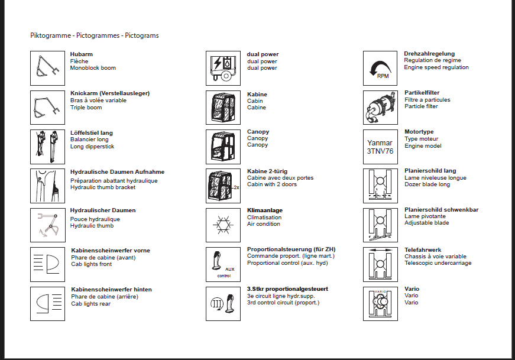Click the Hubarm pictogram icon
pos(47,68)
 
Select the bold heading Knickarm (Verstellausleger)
pos(110,93)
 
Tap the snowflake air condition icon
pos(223,225)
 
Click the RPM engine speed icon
pos(380,68)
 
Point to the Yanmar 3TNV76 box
pos(380,147)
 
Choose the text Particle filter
pos(421,106)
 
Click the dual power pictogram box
pos(223,68)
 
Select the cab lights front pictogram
pos(47,264)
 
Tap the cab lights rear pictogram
pos(47,303)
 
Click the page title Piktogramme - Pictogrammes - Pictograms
pos(95,35)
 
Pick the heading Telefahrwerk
pos(423,250)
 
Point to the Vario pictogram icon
pos(380,303)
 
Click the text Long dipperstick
pos(92,147)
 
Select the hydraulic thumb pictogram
pos(47,225)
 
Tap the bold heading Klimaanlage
pos(265,210)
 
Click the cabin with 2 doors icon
pos(223,186)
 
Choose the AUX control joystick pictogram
pos(223,264)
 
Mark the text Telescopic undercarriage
pos(438,263)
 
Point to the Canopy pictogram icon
pos(223,147)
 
